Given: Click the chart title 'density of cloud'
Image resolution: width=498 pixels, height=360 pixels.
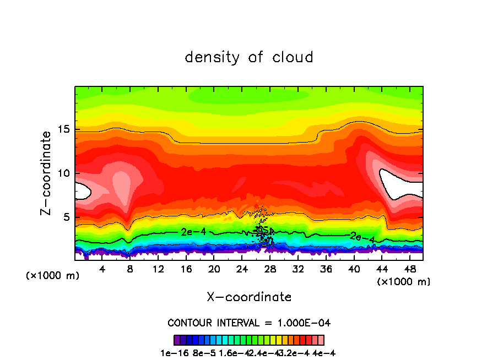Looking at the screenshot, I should coord(249,57).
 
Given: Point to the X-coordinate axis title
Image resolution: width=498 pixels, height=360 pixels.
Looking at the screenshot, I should coord(249,297).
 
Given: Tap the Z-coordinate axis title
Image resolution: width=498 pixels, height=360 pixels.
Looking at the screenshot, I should coord(46,173).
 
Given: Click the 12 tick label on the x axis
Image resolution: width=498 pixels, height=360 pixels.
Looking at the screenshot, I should coord(158,269).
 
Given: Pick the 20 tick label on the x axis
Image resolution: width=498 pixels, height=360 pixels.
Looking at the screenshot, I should coord(214,269).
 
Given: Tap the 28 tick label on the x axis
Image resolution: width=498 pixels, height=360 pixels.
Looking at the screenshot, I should coord(270,269).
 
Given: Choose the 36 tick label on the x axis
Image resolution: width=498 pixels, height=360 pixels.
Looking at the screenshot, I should coord(326,269).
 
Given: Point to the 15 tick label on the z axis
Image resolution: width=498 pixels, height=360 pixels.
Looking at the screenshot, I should coord(64,130).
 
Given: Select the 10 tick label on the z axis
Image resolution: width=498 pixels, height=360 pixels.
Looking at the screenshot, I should coord(64,173).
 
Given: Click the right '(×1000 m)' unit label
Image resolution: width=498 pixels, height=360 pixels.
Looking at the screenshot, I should coord(404,282).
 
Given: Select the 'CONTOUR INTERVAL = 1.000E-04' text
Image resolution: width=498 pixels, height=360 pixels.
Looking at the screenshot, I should coord(249,323).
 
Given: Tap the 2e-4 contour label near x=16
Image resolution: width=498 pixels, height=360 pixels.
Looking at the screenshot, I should coord(193,232).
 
